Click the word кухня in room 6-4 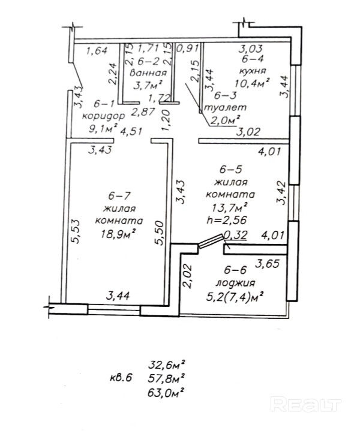coord(253,71)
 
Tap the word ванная coord(148,73)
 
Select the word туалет coord(226,107)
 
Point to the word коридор coord(103,116)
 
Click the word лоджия coord(236,283)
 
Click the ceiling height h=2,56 coord(227,220)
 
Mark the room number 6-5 coord(230,170)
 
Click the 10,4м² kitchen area coord(251,83)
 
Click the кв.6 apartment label coord(121,378)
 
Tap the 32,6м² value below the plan coord(166,365)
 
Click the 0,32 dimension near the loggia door coord(236,235)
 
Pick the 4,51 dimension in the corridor coord(131,131)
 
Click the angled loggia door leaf coord(211,241)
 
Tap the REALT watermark coord(305,405)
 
